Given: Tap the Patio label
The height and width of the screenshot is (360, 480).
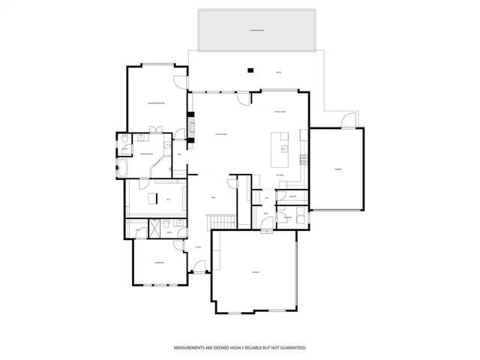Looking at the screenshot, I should (x=278, y=73).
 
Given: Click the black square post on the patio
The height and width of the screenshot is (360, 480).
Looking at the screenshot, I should (x=252, y=71).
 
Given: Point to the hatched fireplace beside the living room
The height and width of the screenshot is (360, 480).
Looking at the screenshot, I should (x=191, y=127).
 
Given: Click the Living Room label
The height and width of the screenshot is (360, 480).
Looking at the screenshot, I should (x=220, y=134).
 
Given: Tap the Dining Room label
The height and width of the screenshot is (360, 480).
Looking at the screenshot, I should (x=282, y=112).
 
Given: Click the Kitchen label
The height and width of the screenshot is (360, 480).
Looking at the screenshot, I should (x=280, y=175).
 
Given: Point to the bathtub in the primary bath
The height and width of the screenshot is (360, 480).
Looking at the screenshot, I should (x=122, y=166).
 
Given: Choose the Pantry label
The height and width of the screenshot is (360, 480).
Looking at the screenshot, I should (x=292, y=197).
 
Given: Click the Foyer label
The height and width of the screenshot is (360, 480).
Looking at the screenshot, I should (x=197, y=247).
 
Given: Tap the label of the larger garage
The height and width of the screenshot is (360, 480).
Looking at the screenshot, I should (x=256, y=271).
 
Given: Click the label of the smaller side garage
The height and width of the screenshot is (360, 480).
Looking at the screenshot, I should (x=337, y=169).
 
